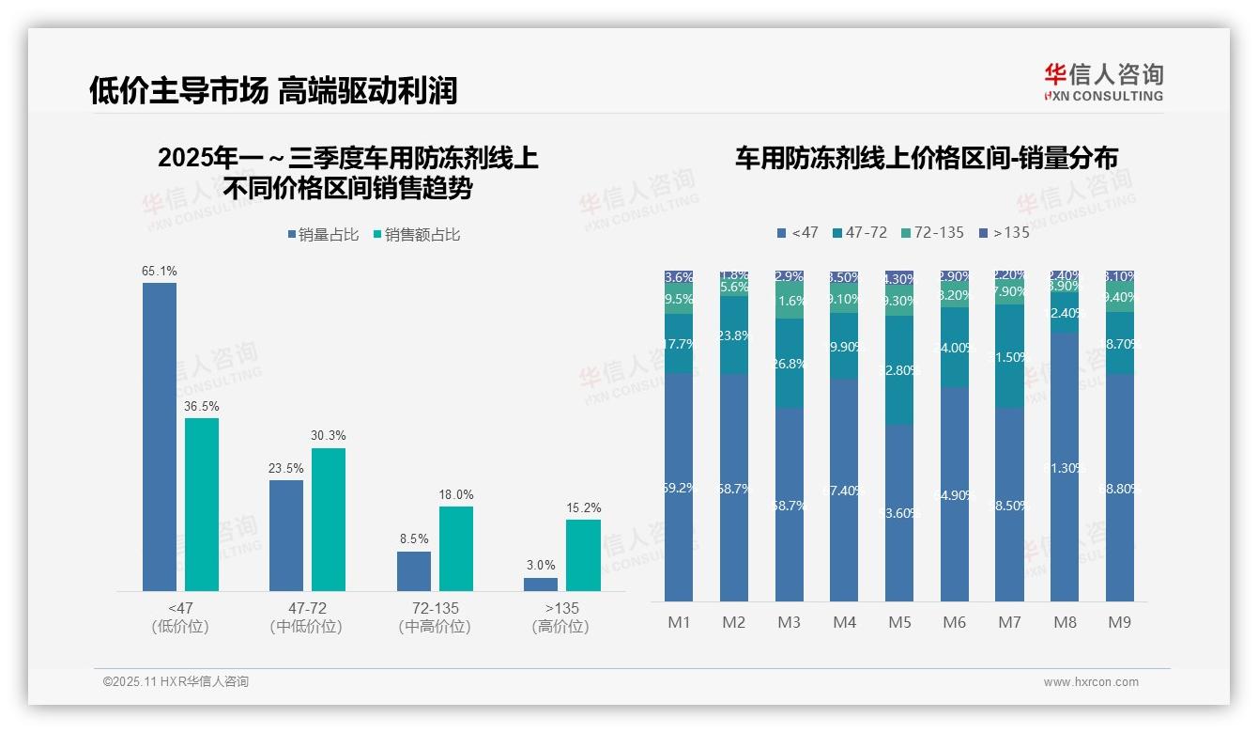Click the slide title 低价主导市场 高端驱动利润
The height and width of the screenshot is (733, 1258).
[273, 90]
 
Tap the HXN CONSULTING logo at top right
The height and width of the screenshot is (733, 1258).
[1103, 82]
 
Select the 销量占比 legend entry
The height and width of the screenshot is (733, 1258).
[324, 235]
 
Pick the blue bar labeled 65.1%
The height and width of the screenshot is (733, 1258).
[160, 436]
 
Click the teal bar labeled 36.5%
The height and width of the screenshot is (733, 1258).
[202, 504]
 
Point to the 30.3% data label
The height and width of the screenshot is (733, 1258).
[329, 436]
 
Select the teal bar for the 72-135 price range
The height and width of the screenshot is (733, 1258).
[456, 548]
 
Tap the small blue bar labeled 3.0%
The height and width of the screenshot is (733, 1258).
[541, 584]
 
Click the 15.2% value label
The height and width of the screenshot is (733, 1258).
[583, 508]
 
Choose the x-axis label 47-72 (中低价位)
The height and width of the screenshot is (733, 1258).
[306, 617]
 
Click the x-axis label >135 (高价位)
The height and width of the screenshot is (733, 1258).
[560, 617]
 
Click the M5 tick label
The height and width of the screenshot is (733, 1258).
[899, 622]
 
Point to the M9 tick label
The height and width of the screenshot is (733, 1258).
[1120, 622]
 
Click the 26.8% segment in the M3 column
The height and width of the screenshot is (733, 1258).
[790, 364]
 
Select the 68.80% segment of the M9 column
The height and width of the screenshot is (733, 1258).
[1120, 488]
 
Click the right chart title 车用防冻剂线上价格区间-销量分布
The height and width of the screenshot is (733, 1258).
[926, 159]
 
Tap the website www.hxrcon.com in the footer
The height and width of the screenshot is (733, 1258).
[1091, 682]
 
